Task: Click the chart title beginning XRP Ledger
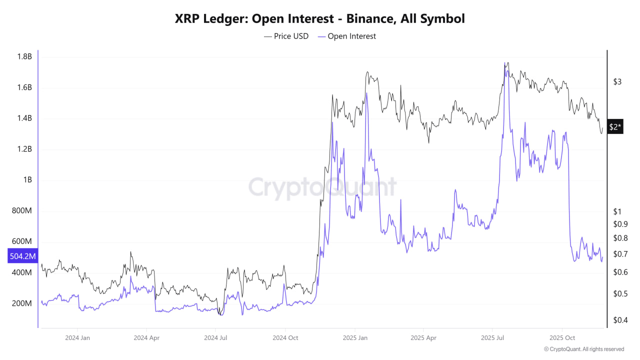[x=320, y=18]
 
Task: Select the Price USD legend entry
[x=286, y=36]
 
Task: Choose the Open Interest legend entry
[x=346, y=36]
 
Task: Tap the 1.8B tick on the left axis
[x=23, y=56]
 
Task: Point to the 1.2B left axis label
[x=23, y=149]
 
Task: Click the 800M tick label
[x=22, y=211]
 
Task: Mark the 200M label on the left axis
[x=22, y=303]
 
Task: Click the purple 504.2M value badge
[x=23, y=256]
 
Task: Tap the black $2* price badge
[x=615, y=127]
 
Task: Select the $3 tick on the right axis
[x=618, y=81]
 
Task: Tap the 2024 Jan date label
[x=77, y=337]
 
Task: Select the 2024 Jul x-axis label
[x=216, y=337]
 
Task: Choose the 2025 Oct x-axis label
[x=562, y=337]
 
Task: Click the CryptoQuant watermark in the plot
[x=322, y=187]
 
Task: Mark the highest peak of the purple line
[x=506, y=64]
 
